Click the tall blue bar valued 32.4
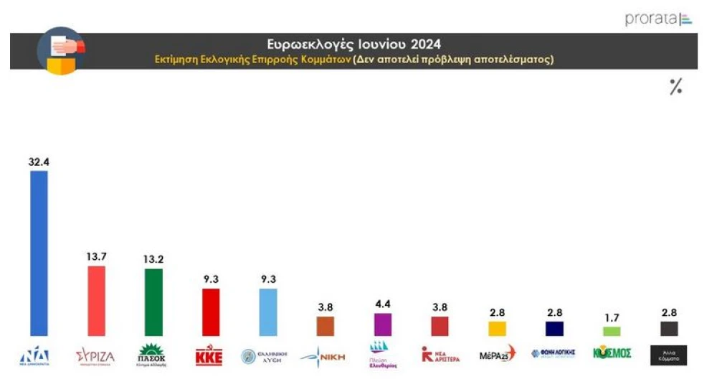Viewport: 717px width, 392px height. [39, 253]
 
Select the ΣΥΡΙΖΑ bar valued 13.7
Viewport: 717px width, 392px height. [96, 301]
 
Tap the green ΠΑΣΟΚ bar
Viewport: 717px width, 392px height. [153, 302]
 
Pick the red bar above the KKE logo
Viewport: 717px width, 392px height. [211, 312]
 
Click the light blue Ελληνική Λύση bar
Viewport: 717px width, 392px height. [268, 312]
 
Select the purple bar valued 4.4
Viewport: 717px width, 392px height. [383, 325]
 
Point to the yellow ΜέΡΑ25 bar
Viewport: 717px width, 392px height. [497, 328]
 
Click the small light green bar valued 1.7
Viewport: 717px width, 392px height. [612, 331]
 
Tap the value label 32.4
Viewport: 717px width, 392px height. [39, 162]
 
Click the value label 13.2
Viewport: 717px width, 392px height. [153, 259]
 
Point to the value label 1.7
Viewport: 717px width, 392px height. [612, 317]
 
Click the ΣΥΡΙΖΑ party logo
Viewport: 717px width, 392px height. [95, 356]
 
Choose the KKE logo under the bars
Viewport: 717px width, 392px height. [209, 355]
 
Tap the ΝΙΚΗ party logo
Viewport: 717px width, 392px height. [324, 355]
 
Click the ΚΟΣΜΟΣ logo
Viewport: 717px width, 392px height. [612, 353]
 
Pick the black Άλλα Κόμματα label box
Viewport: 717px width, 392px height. [668, 355]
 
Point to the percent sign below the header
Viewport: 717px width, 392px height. [675, 88]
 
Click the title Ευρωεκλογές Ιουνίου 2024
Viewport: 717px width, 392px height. [354, 44]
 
